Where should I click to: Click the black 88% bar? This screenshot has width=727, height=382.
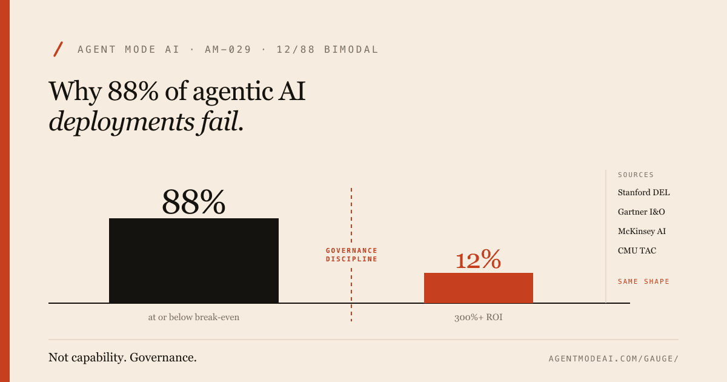coord(194,260)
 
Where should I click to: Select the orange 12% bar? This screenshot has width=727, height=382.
coord(479,287)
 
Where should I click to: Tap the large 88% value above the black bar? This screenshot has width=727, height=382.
coord(193,202)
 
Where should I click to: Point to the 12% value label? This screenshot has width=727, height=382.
coord(478,261)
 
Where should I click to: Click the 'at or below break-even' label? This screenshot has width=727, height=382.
coord(194,317)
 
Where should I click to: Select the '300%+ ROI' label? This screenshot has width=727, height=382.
coord(479,317)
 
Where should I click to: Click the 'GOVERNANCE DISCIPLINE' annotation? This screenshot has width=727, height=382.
coord(351,255)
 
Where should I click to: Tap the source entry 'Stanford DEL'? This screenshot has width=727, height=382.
coord(643,193)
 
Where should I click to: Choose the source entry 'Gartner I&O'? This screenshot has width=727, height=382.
coord(642,212)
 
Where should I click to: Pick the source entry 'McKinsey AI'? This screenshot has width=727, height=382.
coord(642,232)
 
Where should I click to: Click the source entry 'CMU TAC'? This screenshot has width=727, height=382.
coord(637,251)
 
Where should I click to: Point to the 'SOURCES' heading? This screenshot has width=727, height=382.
coord(636,175)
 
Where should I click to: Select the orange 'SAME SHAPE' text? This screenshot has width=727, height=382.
coord(643,281)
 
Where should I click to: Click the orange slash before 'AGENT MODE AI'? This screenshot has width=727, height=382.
coord(59,49)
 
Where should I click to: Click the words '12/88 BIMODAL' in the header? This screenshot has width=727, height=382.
coord(327,50)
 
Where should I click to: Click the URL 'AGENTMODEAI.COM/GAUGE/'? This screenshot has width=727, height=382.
coord(613,358)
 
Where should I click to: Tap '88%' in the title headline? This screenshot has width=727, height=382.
coord(133,92)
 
